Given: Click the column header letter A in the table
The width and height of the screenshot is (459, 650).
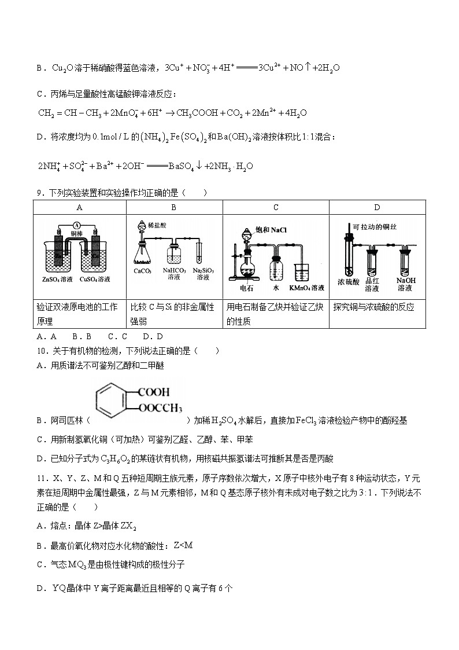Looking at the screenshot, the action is [79, 207].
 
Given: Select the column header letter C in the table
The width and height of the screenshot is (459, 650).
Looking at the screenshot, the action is [276, 207].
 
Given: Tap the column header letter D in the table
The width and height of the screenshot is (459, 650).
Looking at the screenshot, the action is [377, 207].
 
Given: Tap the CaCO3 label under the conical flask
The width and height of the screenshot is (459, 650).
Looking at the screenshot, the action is [142, 270].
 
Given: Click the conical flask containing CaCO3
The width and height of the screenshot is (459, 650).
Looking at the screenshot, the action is [142, 251].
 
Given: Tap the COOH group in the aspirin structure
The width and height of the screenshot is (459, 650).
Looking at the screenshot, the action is [150, 390].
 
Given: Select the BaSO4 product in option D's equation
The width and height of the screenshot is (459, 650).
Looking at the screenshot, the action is [184, 166].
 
